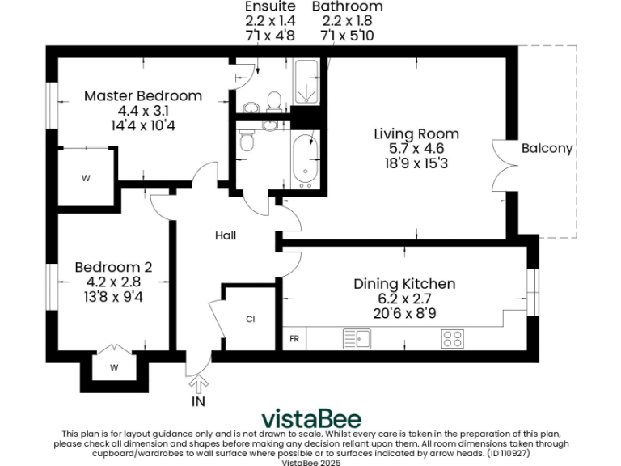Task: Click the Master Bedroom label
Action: click(x=143, y=96)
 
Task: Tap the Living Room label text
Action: click(x=416, y=134)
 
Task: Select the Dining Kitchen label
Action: click(x=404, y=284)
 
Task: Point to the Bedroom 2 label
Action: click(x=113, y=267)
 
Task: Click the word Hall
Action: click(x=226, y=235)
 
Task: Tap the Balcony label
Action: click(x=547, y=148)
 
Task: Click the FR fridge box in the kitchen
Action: click(x=294, y=339)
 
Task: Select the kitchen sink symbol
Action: click(x=357, y=339)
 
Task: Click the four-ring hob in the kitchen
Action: click(x=453, y=339)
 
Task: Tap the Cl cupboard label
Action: click(x=251, y=319)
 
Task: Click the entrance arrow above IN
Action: click(x=198, y=384)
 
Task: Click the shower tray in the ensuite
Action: click(x=306, y=82)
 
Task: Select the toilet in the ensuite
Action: click(x=273, y=101)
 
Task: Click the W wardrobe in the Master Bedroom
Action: click(x=86, y=178)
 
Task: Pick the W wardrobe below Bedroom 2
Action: click(x=114, y=368)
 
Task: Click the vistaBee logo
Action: click(x=311, y=419)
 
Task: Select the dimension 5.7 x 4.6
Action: click(x=416, y=149)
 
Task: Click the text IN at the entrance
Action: click(x=198, y=402)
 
